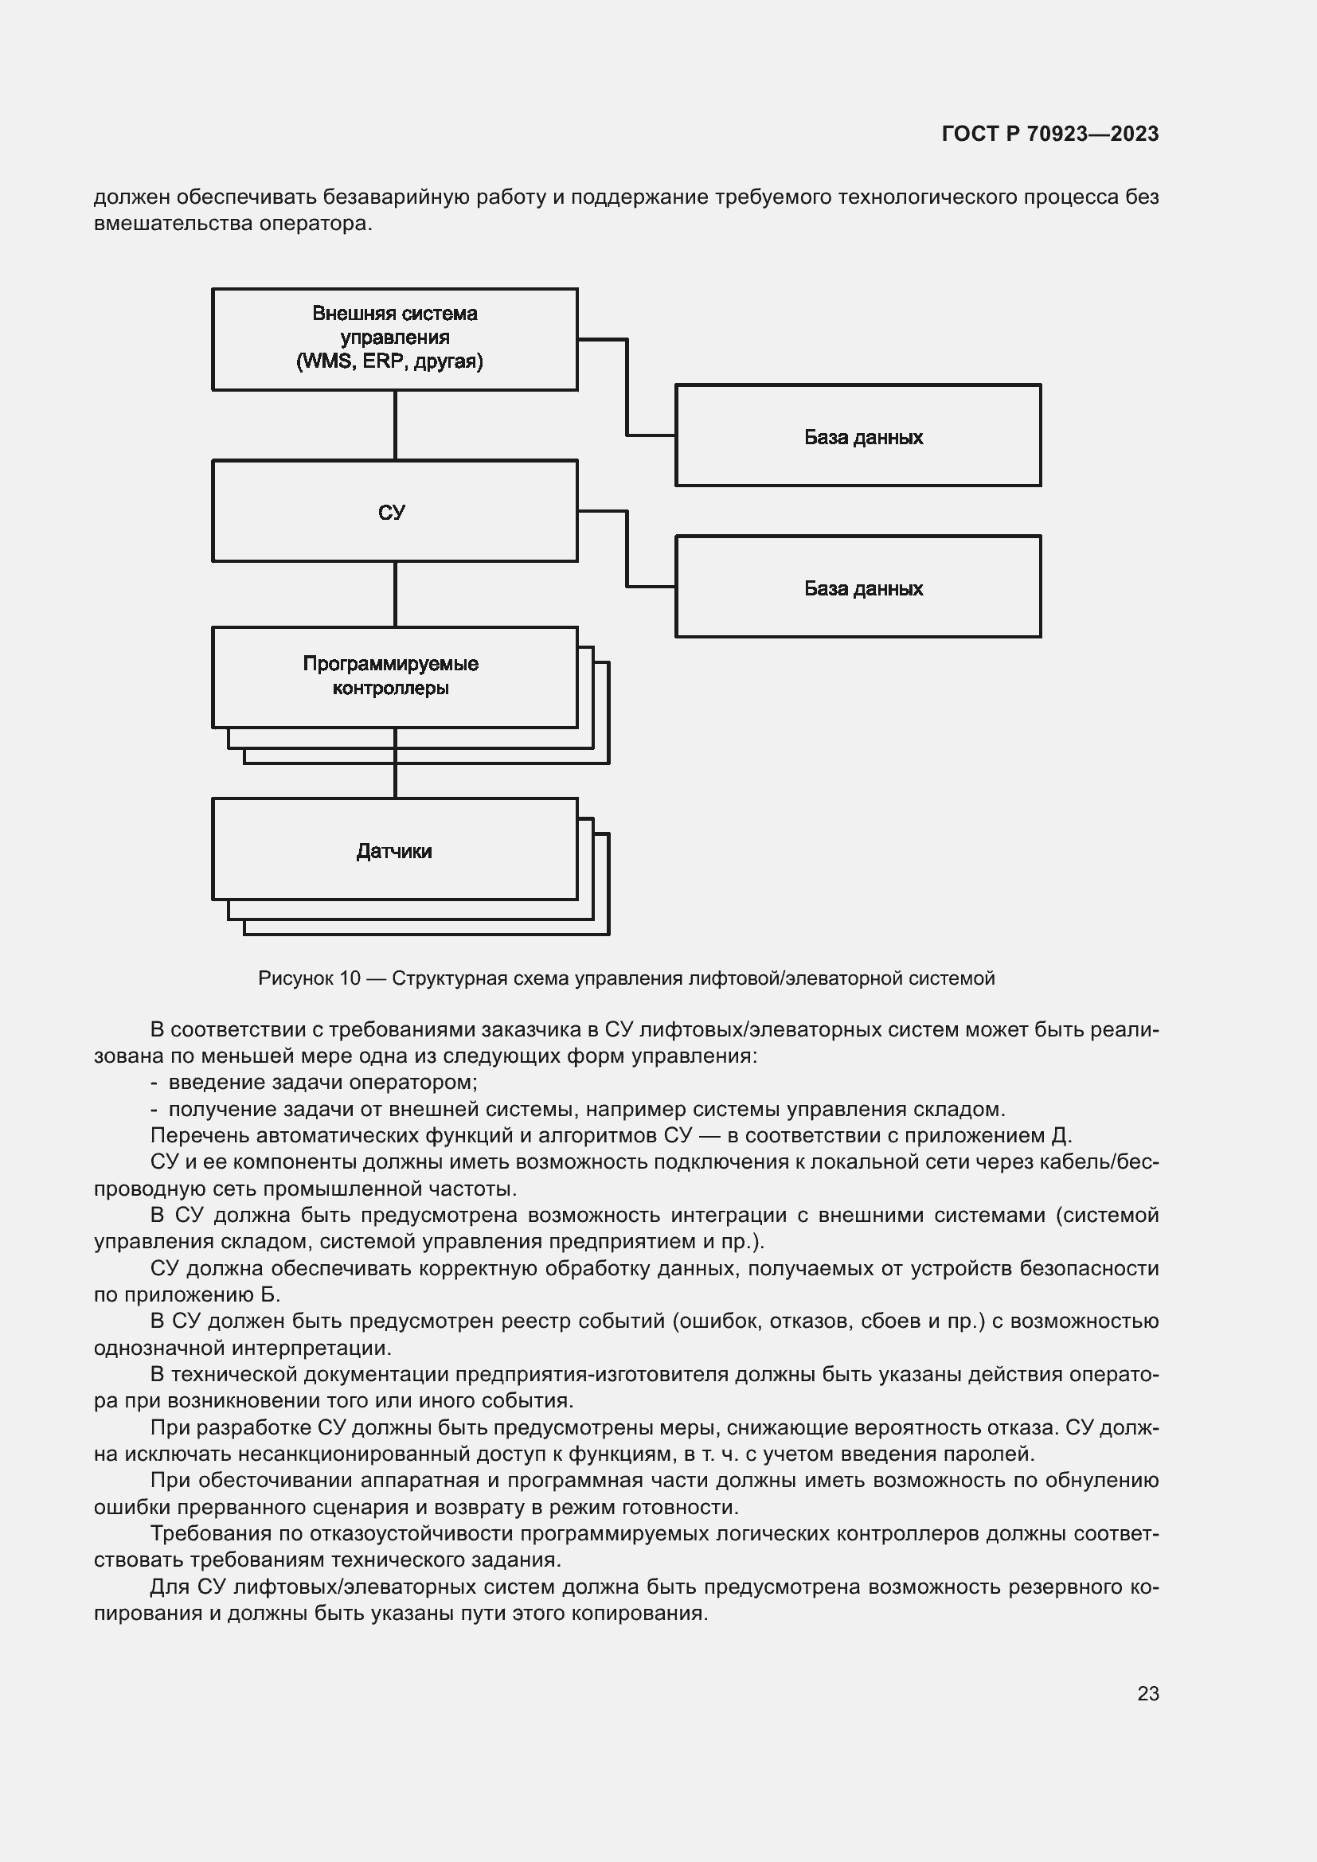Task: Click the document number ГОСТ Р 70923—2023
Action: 1050,134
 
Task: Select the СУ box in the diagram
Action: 395,512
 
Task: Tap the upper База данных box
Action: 858,436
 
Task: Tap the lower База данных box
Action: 858,587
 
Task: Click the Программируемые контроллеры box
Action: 395,677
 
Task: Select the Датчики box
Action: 395,850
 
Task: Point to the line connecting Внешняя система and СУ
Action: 395,425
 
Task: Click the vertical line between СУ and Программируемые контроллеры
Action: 395,594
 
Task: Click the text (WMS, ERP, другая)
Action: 389,361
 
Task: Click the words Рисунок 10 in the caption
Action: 309,978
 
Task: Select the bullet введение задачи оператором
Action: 322,1082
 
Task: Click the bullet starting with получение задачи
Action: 585,1109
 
